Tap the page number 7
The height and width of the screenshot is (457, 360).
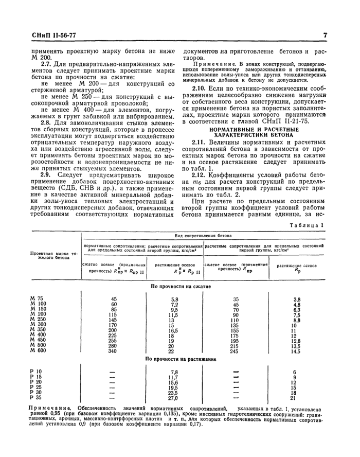326,36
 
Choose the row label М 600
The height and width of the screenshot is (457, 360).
38,350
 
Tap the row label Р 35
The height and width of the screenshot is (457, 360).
37,398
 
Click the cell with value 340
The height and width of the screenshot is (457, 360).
114,350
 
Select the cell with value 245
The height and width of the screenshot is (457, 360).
222,350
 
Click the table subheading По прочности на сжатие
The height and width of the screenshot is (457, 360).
179,286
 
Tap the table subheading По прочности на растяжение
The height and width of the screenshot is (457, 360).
179,359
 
